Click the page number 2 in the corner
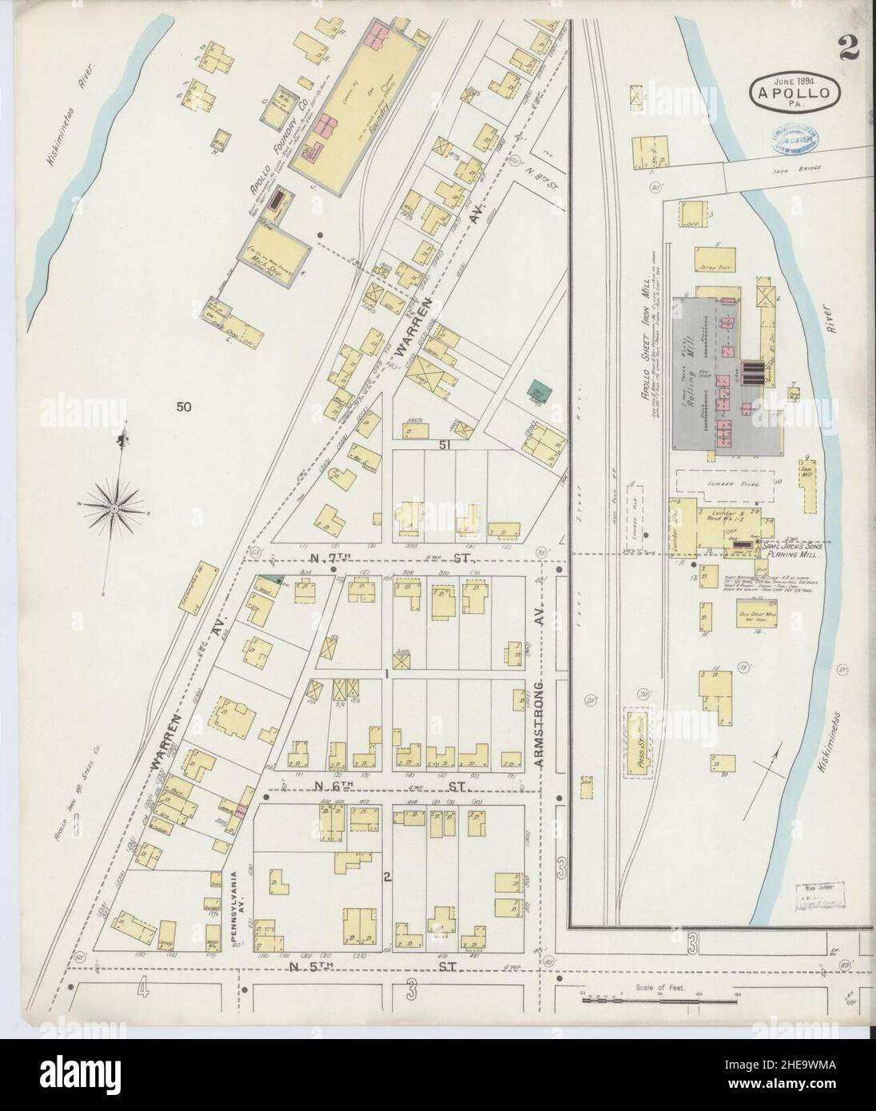848,48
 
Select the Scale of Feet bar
660,998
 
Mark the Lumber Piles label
726,484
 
